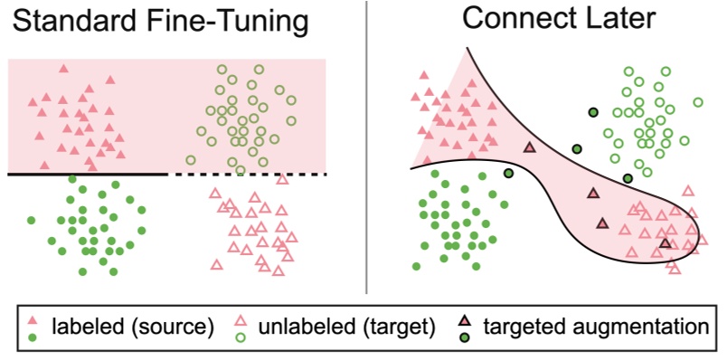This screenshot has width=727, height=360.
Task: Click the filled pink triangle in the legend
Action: click(x=33, y=321)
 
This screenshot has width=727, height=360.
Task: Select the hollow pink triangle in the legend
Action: click(x=241, y=321)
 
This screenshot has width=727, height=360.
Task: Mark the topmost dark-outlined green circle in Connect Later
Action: click(x=593, y=112)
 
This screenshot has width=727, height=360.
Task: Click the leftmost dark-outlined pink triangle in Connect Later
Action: click(x=530, y=147)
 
